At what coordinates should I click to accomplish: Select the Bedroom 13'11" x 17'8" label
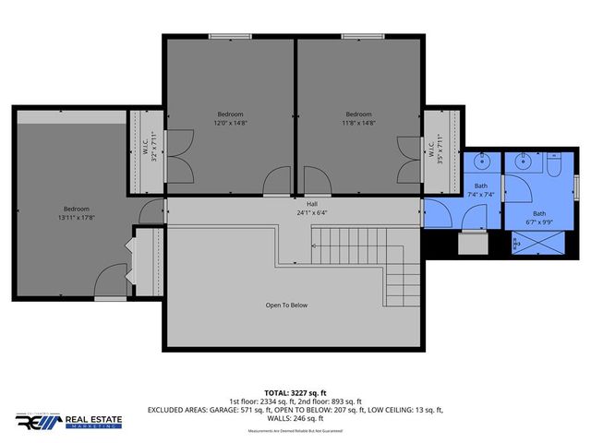click(76, 213)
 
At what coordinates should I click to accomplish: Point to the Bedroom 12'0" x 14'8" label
click(230, 118)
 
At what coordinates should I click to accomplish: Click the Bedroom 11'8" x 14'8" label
click(360, 118)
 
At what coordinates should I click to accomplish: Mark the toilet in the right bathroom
click(552, 165)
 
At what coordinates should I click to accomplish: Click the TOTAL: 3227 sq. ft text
click(295, 391)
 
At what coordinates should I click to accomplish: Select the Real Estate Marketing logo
click(68, 422)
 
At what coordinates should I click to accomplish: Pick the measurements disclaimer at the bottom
click(295, 431)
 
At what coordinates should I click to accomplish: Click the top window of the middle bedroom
click(230, 37)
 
